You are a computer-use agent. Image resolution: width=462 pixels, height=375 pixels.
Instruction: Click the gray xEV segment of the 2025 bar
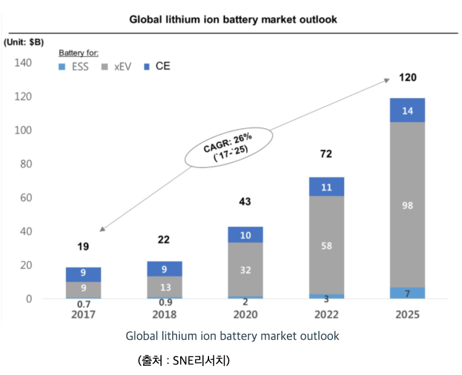pos(407,205)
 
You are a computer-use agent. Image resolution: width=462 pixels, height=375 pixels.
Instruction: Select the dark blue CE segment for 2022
pos(326,187)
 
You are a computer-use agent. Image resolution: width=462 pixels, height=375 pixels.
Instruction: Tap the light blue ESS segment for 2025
pos(407,293)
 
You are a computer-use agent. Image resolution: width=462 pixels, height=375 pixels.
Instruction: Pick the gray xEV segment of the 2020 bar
pos(245,270)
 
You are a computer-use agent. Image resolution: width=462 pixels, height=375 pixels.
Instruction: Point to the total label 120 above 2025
pos(407,78)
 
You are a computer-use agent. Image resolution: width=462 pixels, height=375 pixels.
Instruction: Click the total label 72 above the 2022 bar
pos(326,154)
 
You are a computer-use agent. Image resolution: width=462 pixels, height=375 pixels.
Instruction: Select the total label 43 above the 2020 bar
pos(245,202)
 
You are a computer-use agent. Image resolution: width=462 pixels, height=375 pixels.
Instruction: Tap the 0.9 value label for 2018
pos(164,303)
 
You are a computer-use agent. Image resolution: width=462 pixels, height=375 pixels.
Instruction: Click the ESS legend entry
pos(73,66)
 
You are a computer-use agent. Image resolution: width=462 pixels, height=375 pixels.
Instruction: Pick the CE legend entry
pos(157,66)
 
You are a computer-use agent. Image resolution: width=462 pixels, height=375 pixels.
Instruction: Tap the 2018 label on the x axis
pos(164,315)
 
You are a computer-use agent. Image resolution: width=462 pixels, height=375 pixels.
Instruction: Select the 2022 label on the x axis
pos(326,315)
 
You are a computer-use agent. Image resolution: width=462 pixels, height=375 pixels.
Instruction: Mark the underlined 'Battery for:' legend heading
pos(78,53)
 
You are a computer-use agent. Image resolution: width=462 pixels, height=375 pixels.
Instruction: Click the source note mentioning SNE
pos(183,360)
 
